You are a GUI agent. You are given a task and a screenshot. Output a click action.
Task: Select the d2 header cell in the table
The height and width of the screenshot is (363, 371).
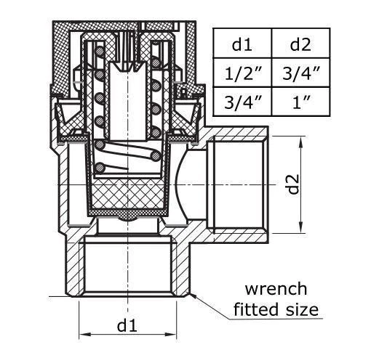pos(300,44)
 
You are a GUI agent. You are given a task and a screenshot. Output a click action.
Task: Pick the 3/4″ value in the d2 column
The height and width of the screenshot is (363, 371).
pos(300,73)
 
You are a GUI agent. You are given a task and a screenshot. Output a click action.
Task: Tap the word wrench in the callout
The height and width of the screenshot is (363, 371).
pos(275,289)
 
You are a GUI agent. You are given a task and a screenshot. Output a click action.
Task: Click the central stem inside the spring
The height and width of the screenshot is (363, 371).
pos(127,94)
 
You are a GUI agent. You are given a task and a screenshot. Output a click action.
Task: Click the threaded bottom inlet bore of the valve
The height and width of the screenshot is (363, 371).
pos(128,269)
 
